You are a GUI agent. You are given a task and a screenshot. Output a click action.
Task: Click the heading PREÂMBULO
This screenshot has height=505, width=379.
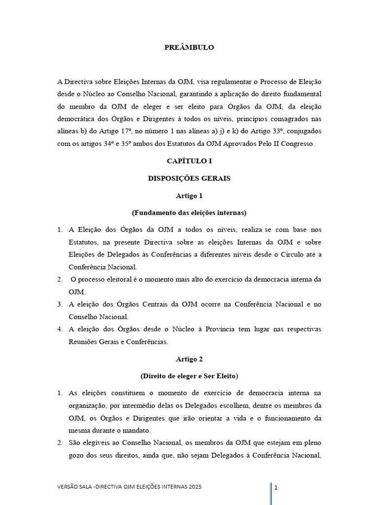tap(189, 48)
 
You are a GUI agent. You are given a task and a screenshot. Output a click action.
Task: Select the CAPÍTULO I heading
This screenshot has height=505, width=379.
tap(189, 161)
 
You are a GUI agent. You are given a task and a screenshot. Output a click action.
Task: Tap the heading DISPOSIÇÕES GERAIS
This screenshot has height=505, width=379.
tap(189, 178)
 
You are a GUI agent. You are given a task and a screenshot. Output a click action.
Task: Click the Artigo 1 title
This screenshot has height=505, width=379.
tap(189, 196)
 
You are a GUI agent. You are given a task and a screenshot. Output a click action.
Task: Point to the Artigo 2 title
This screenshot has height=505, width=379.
tap(189, 359)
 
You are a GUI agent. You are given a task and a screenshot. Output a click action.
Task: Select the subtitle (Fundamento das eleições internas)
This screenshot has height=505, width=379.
tap(189, 213)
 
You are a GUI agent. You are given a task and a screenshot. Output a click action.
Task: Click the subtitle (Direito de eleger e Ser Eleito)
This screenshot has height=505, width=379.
tap(189, 376)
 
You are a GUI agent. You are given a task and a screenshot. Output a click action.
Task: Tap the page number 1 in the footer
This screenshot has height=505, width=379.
tap(276, 488)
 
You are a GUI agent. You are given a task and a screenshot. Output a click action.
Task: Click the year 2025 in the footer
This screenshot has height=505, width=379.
tap(194, 487)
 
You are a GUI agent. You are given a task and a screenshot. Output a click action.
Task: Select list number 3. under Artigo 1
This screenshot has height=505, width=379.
tap(59, 305)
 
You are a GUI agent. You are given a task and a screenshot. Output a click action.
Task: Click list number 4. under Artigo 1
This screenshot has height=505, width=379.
tap(59, 329)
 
